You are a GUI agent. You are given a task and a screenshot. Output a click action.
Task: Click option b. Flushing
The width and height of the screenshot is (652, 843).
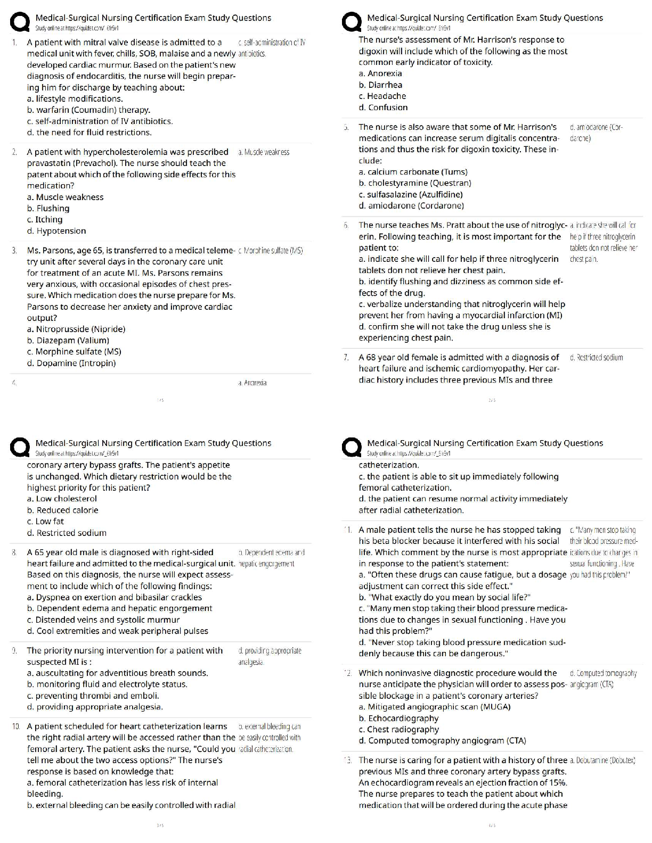(x=48, y=208)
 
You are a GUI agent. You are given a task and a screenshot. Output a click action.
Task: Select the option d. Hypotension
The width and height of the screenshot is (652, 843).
(x=56, y=231)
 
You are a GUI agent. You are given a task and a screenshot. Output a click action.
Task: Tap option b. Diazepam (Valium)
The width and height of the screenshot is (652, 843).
(x=68, y=341)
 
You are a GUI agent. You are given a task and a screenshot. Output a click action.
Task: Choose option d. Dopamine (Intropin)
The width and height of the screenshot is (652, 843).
(x=71, y=363)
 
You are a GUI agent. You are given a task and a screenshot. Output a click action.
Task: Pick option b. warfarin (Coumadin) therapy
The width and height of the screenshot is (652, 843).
(x=88, y=110)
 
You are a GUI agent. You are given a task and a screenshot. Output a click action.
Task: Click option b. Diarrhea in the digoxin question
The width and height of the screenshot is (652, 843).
(x=380, y=85)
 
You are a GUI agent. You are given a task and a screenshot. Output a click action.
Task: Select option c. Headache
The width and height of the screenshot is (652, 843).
(x=382, y=96)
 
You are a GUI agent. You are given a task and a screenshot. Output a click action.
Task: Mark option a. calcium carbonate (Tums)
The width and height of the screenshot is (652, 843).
(x=413, y=172)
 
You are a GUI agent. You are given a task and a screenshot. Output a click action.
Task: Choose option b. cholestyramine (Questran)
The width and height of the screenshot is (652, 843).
(x=415, y=183)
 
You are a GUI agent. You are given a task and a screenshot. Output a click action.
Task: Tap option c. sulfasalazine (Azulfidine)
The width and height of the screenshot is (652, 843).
(x=411, y=194)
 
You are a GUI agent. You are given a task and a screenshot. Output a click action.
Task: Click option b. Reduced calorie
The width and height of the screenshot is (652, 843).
(x=62, y=510)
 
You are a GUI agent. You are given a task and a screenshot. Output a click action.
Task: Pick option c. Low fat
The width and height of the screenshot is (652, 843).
(x=45, y=522)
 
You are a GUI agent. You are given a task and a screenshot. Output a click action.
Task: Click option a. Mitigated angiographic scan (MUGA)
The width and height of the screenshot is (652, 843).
(x=435, y=707)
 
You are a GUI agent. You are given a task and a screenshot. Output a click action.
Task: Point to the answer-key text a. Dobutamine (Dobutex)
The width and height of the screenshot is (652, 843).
(x=602, y=761)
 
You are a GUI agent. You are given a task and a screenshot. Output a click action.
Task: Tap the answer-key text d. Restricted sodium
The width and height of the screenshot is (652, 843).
(x=596, y=358)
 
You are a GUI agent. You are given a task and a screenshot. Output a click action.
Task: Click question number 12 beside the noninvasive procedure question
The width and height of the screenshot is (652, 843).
(x=348, y=674)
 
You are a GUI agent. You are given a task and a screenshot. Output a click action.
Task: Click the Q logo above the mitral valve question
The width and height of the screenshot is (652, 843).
(x=20, y=22)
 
